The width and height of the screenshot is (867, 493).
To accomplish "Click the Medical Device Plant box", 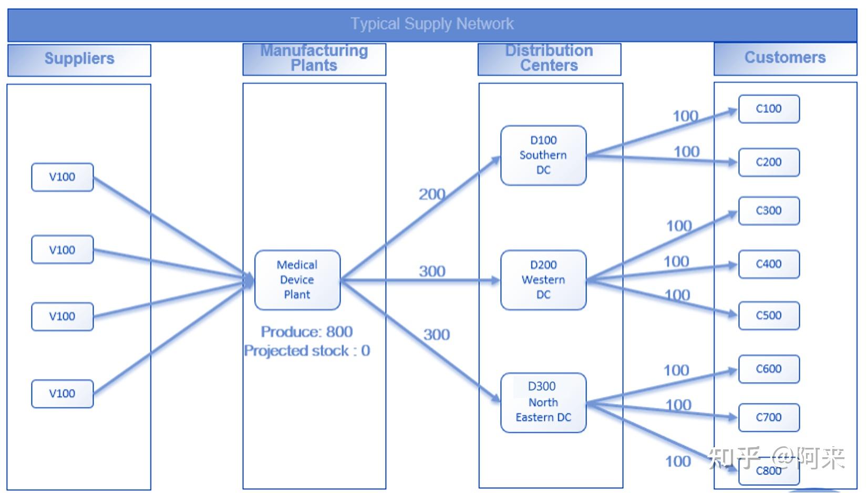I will pyautogui.click(x=297, y=280).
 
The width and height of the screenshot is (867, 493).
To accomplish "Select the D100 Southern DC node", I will pyautogui.click(x=543, y=155).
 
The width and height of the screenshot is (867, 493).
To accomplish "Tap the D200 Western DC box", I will pyautogui.click(x=543, y=280).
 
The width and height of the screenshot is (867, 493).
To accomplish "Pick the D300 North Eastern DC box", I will pyautogui.click(x=543, y=402).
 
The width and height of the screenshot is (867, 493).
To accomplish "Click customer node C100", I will pyautogui.click(x=768, y=109).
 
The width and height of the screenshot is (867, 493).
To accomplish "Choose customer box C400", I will pyautogui.click(x=768, y=264).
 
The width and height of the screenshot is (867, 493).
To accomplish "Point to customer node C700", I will pyautogui.click(x=768, y=417).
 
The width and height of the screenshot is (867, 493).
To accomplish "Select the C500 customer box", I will pyautogui.click(x=768, y=315).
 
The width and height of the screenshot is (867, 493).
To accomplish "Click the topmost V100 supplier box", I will pyautogui.click(x=62, y=177).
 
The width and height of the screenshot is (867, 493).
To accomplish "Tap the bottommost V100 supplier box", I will pyautogui.click(x=62, y=394).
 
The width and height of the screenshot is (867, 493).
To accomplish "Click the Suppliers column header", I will pyautogui.click(x=79, y=59).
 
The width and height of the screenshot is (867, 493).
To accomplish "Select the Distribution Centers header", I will pyautogui.click(x=549, y=58).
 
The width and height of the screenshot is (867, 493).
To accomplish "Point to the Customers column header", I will pyautogui.click(x=785, y=58).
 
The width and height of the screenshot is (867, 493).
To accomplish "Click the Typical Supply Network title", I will pyautogui.click(x=432, y=24).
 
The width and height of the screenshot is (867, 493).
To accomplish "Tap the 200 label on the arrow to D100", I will pyautogui.click(x=432, y=194).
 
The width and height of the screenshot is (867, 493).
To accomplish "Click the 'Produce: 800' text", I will pyautogui.click(x=307, y=332).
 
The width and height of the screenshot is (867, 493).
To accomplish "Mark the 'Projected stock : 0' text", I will pyautogui.click(x=307, y=351).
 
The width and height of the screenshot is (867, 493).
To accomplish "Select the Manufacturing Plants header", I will pyautogui.click(x=314, y=58).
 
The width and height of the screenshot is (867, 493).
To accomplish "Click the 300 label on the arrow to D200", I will pyautogui.click(x=432, y=271).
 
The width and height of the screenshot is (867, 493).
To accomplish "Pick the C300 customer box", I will pyautogui.click(x=768, y=211).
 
